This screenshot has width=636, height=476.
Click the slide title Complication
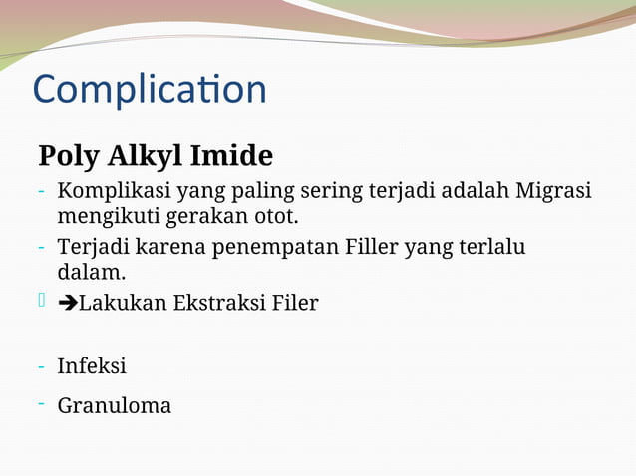pos(150,90)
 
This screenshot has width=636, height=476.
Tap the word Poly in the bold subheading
pos(68,157)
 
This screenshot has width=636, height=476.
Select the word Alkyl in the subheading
pos(144,157)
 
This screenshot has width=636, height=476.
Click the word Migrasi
pos(552,191)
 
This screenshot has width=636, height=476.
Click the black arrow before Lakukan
pos(68,303)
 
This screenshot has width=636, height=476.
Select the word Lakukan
pos(123,303)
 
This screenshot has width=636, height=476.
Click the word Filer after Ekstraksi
pos(295,303)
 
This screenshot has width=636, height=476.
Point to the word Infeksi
pos(92,366)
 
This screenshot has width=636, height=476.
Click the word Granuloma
pos(114,406)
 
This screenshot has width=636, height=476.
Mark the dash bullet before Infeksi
pos(41,366)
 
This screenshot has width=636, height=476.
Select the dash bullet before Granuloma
pos(41,402)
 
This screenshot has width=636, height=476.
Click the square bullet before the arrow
pos(42,300)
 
